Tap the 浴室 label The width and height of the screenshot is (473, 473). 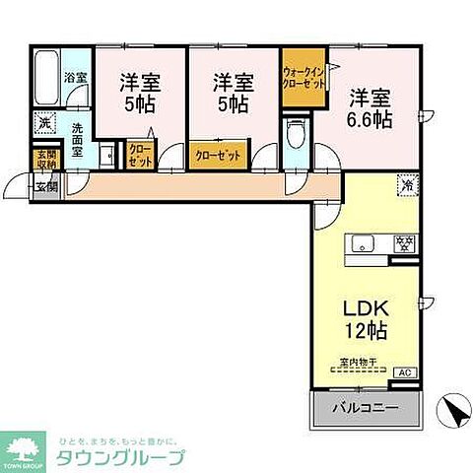click(x=75, y=76)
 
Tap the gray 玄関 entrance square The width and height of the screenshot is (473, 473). click(x=45, y=184)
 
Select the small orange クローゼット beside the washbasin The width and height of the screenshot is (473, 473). click(x=139, y=155)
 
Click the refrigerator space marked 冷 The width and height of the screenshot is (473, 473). click(x=406, y=183)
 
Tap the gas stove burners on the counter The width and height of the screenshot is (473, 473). click(x=402, y=242)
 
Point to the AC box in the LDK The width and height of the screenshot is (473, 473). click(x=404, y=373)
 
